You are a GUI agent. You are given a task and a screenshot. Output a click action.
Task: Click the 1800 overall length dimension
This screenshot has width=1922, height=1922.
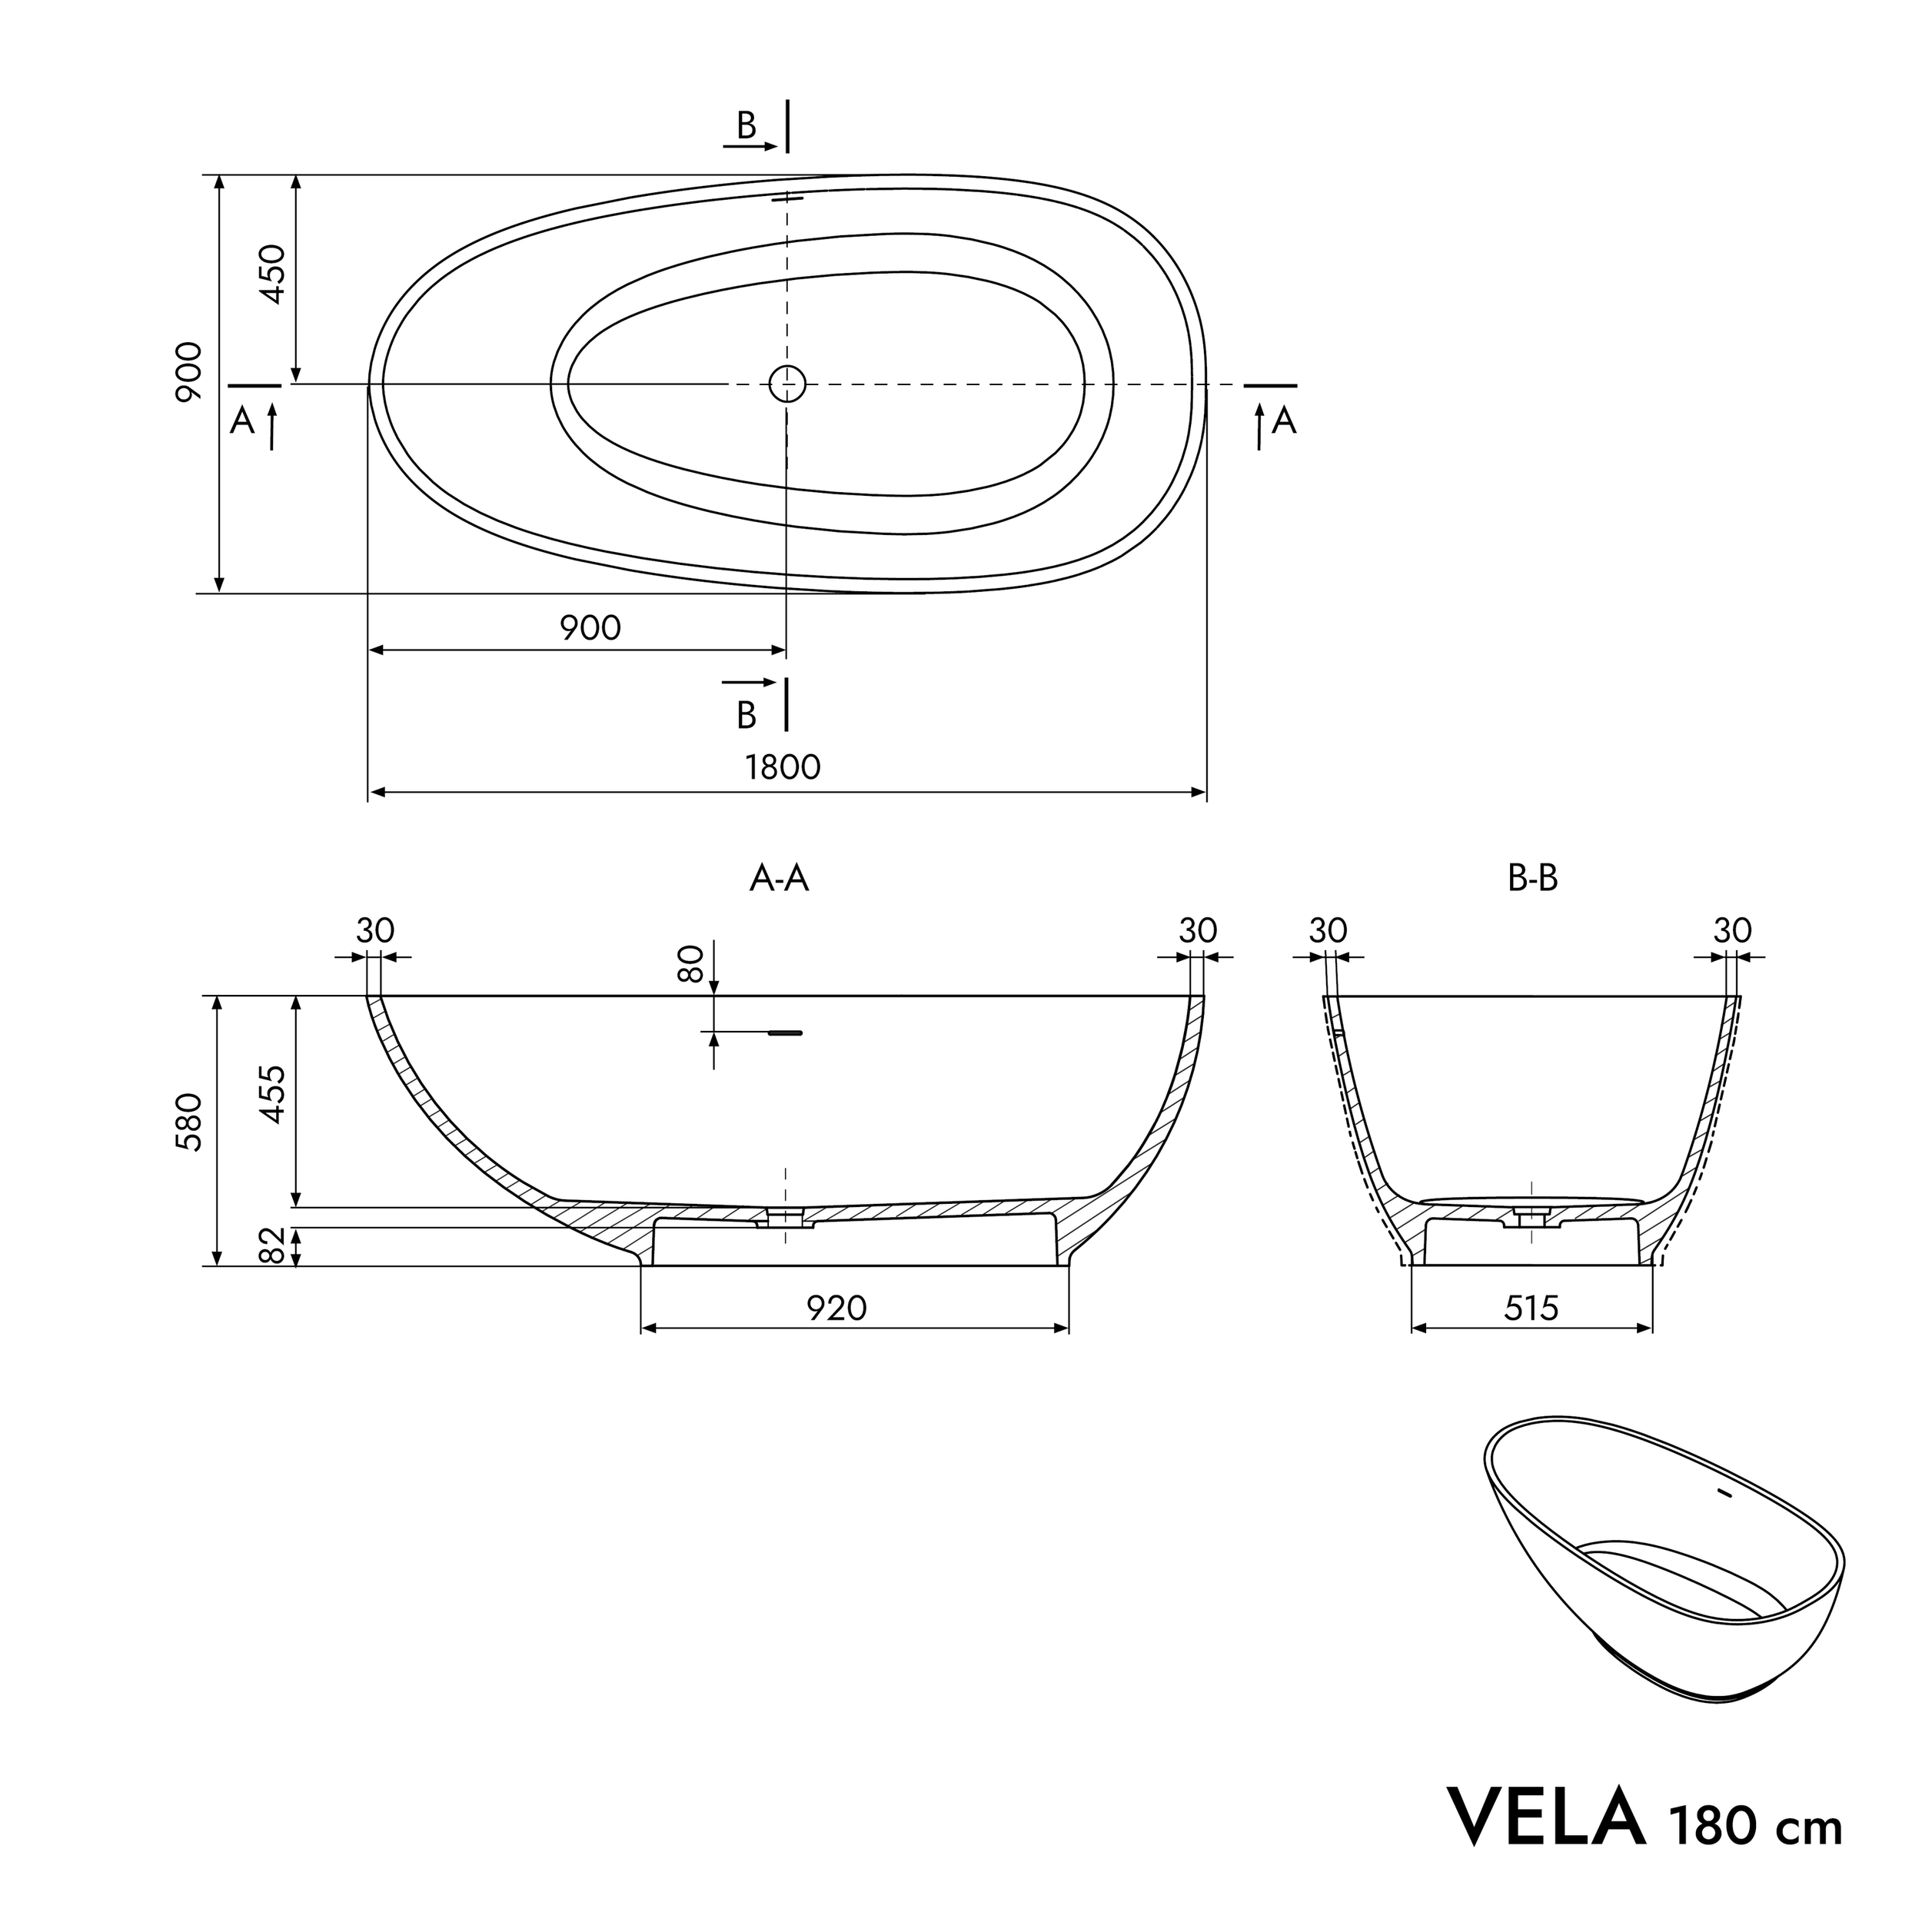click(783, 767)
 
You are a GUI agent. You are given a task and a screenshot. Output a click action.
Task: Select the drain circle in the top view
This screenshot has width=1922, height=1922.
click(787, 383)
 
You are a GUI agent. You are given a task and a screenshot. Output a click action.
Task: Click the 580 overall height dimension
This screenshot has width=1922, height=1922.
click(189, 1122)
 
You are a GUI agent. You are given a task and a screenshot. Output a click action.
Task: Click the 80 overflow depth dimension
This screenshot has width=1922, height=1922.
click(690, 963)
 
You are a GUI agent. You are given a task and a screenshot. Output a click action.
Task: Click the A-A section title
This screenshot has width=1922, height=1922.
click(779, 879)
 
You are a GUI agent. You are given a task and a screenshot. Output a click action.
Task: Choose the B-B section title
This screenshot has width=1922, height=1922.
click(1532, 879)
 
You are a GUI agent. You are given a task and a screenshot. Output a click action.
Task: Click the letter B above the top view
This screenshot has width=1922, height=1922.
click(746, 125)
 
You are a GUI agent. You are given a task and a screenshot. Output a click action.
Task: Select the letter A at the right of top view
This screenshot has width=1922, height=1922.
click(1285, 421)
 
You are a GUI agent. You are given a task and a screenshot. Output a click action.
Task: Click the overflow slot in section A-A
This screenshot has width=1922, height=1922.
click(785, 1033)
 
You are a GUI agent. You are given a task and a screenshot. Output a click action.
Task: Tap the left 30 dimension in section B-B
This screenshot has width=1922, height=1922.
click(1327, 931)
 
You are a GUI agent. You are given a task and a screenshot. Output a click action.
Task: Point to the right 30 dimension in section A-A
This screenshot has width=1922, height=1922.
click(1198, 931)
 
